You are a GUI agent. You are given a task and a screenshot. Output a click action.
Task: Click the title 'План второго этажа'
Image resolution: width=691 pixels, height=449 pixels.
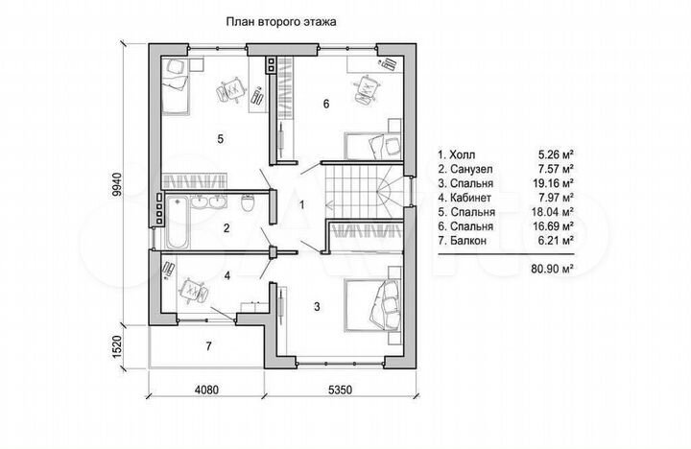(281, 22)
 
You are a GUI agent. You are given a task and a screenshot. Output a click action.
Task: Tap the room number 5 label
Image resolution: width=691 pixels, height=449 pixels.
(221, 139)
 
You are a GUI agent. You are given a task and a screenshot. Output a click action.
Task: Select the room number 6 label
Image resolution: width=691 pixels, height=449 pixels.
(326, 104)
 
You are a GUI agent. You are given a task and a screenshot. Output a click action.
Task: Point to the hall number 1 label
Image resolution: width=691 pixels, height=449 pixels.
(302, 205)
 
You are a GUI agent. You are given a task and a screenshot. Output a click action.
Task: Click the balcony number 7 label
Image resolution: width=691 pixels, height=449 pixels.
(208, 346)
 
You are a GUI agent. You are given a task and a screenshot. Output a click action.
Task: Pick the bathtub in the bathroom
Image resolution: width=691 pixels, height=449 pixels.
(178, 223)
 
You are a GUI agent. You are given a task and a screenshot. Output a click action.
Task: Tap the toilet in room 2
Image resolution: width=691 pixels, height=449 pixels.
(249, 202)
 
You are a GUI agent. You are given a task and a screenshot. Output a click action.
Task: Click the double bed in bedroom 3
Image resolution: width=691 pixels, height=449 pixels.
(372, 304)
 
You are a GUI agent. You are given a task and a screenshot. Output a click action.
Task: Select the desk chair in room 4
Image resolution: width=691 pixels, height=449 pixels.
(193, 290)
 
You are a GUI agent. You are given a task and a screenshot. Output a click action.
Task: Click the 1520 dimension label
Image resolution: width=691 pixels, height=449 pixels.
(117, 348)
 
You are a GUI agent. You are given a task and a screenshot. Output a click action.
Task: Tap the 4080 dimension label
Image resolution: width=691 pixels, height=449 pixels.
(206, 390)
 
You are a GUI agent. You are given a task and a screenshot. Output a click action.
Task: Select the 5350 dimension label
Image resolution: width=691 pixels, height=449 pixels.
(340, 390)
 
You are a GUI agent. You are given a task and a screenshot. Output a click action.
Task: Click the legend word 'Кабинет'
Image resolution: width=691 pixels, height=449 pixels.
(470, 198)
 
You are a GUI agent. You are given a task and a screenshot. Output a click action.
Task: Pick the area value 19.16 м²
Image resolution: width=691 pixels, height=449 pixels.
(553, 183)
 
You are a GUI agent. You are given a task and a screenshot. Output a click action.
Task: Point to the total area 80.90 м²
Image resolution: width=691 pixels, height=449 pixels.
(553, 269)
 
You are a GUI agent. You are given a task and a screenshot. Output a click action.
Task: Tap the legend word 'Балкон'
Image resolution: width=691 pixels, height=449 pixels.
(468, 241)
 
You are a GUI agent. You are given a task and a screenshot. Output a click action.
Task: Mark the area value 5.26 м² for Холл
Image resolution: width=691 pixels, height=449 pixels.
(556, 154)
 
